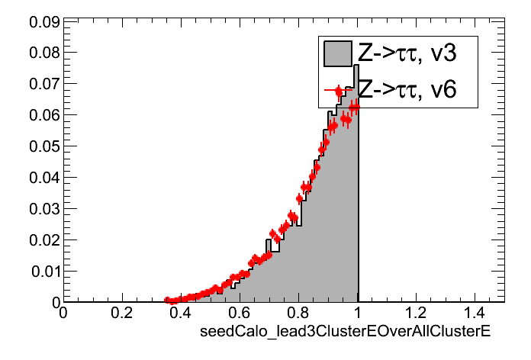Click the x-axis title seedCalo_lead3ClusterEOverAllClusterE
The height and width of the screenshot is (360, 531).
point(344,332)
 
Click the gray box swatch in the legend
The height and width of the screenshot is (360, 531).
point(337,53)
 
